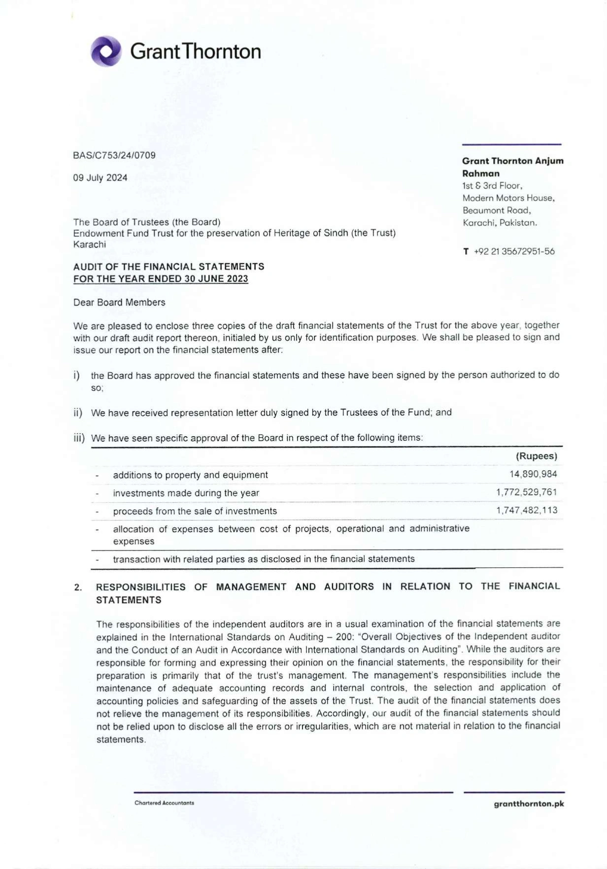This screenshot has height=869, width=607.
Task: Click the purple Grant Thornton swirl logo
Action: [x=106, y=51]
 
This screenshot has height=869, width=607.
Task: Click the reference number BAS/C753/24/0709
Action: [x=114, y=155]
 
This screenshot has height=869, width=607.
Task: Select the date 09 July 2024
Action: [x=100, y=178]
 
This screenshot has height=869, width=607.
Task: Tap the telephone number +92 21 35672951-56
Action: [x=514, y=251]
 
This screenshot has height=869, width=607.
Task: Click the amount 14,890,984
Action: [x=533, y=474]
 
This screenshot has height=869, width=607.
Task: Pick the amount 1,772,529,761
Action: [x=526, y=492]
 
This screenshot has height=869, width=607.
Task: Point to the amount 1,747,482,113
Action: [x=526, y=510]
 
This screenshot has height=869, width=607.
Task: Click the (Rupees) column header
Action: [x=536, y=456]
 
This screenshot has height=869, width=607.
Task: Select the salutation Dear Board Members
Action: [x=119, y=303]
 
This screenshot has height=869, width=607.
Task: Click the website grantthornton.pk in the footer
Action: [x=529, y=804]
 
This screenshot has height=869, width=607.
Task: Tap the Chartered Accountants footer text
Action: [x=164, y=803]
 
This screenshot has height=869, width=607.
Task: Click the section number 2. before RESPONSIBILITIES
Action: [x=78, y=587]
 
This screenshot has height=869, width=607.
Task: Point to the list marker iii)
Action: [x=79, y=438]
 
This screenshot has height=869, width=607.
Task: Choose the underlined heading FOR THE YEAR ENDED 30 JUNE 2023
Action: [x=161, y=279]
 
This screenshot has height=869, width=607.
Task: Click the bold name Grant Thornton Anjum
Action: [x=512, y=161]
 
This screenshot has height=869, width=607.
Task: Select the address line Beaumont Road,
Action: [x=497, y=210]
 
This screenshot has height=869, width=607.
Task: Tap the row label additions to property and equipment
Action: [x=190, y=475]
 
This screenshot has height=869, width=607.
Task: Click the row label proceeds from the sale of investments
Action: [x=195, y=511]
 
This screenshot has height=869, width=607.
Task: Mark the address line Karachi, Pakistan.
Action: [x=500, y=223]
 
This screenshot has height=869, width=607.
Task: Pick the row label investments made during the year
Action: [x=186, y=493]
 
